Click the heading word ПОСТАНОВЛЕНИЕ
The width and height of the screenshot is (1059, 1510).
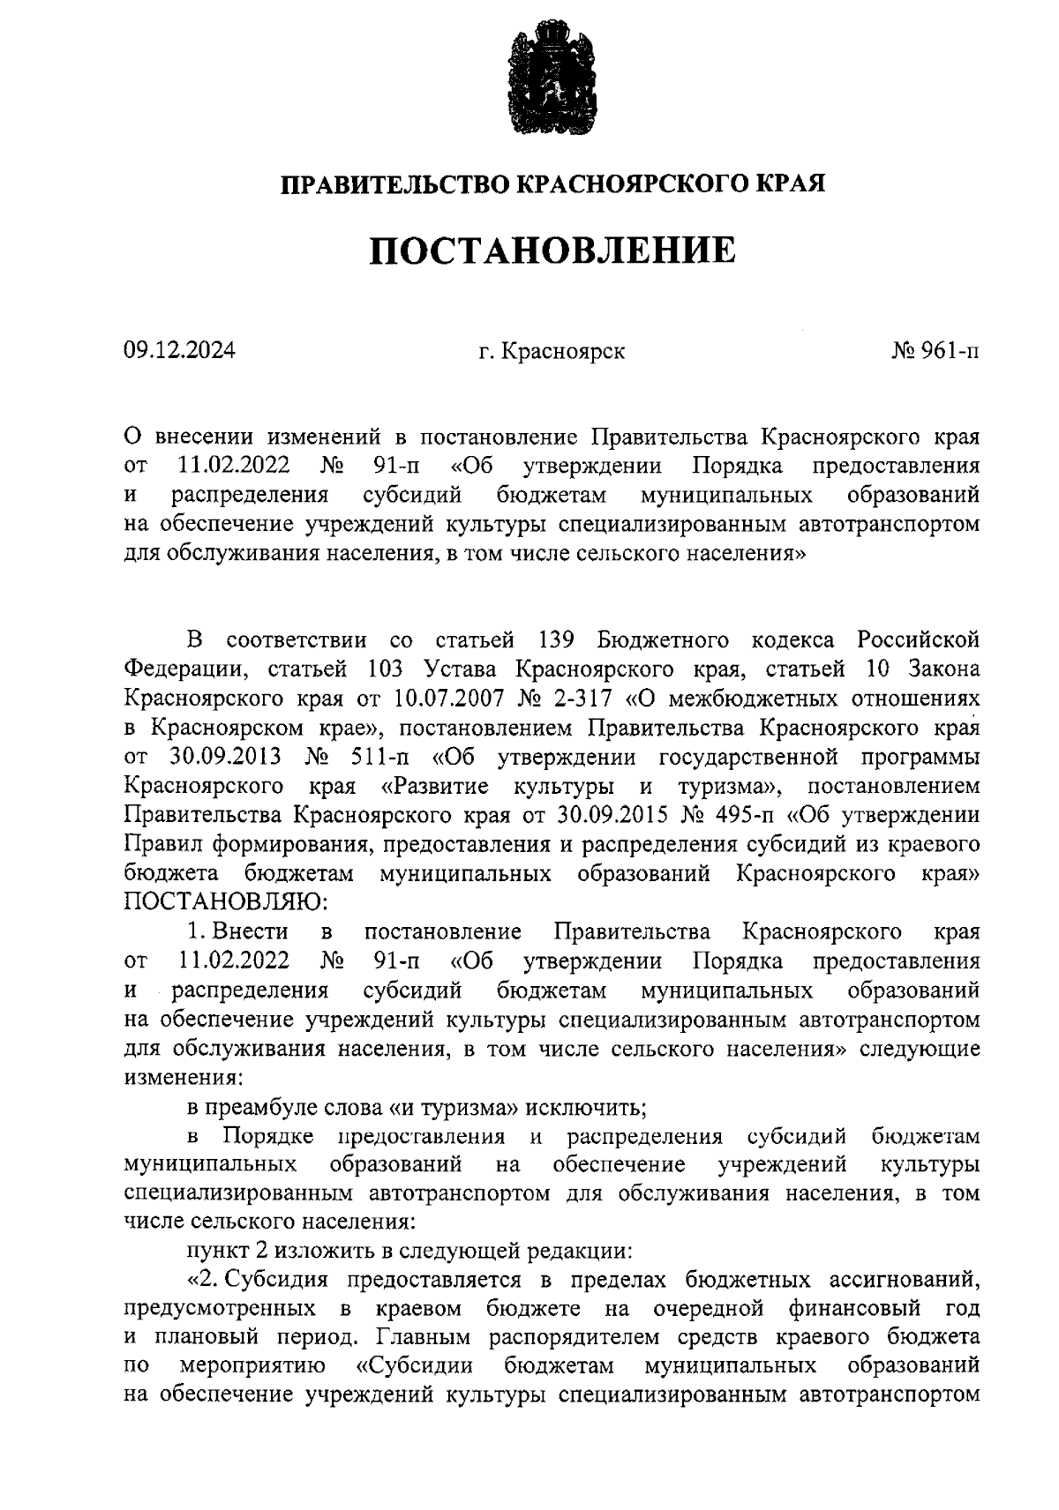552,250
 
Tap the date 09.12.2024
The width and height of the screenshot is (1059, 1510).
179,351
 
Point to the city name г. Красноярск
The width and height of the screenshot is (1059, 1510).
552,351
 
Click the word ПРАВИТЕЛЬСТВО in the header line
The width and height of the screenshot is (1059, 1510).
394,184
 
